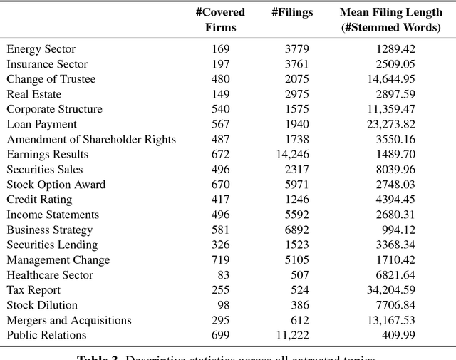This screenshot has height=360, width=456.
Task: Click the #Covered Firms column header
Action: tap(220, 20)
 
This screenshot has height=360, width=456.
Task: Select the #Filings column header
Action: tap(293, 13)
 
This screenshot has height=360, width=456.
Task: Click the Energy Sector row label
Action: tap(41, 49)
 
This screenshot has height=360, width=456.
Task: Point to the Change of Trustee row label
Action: tap(51, 79)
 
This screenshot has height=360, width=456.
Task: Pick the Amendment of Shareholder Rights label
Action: tap(91, 139)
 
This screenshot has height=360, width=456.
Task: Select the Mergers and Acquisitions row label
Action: tap(69, 320)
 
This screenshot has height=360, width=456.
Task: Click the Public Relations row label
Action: tap(46, 335)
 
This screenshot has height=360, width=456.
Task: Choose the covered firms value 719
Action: tap(220, 260)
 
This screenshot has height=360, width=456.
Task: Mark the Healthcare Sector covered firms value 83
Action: tap(224, 275)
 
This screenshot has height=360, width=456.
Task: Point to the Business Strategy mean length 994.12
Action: tap(395, 230)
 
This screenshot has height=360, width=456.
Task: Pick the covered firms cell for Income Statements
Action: tap(220, 215)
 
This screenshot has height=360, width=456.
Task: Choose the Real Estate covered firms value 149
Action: tap(220, 94)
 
